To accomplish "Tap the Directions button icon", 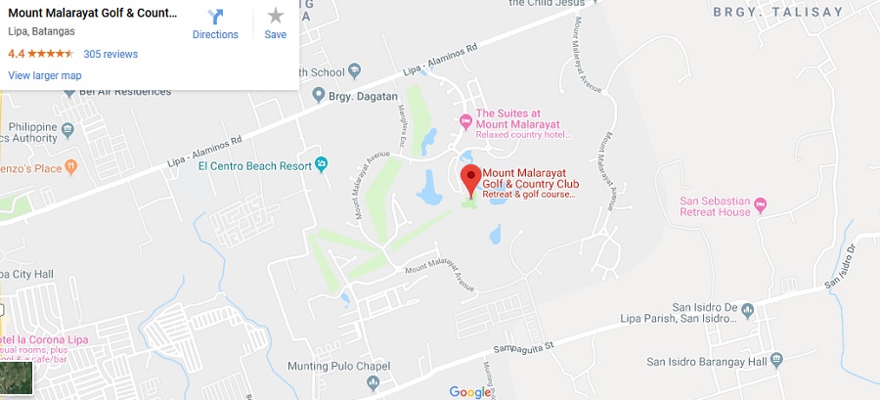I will point(215,17).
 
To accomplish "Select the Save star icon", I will point(276,17).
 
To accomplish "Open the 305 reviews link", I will point(110,54).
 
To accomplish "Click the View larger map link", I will point(44,75).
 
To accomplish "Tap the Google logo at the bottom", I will point(470,391).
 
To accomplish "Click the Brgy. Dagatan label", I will point(364,95).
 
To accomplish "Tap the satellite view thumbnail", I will point(17,377).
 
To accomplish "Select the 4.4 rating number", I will point(16,54).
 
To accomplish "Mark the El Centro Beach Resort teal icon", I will point(322,164).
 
